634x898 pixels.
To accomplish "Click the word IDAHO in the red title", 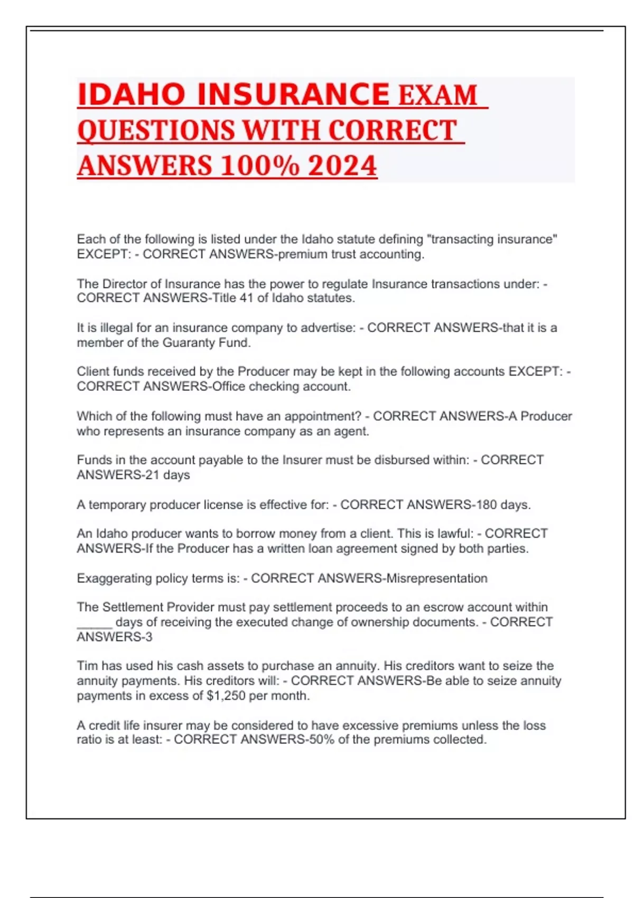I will point(131,95).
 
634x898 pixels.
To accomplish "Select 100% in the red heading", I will point(259,165).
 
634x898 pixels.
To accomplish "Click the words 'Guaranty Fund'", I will point(207,342).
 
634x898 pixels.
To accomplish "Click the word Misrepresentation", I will point(437,578).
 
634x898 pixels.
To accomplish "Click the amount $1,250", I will point(226,696).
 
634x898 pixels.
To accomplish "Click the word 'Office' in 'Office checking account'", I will point(228,386).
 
